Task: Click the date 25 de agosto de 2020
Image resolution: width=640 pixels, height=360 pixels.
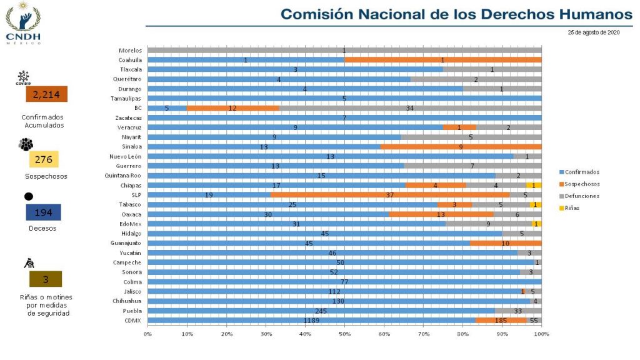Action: (593, 32)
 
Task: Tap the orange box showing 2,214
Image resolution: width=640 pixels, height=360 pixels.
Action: (46, 94)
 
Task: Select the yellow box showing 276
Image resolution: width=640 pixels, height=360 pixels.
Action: (43, 159)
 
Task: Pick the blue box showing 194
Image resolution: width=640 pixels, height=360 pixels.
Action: (43, 212)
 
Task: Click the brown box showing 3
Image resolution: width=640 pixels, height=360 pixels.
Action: (46, 279)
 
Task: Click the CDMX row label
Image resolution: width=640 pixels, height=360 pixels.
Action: (134, 321)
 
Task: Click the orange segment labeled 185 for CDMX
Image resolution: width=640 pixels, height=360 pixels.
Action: (501, 321)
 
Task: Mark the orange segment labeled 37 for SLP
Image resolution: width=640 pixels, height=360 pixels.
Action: (389, 194)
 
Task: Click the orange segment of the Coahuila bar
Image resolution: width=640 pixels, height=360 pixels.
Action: (442, 59)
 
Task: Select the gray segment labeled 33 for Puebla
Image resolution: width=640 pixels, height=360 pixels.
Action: (518, 311)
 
